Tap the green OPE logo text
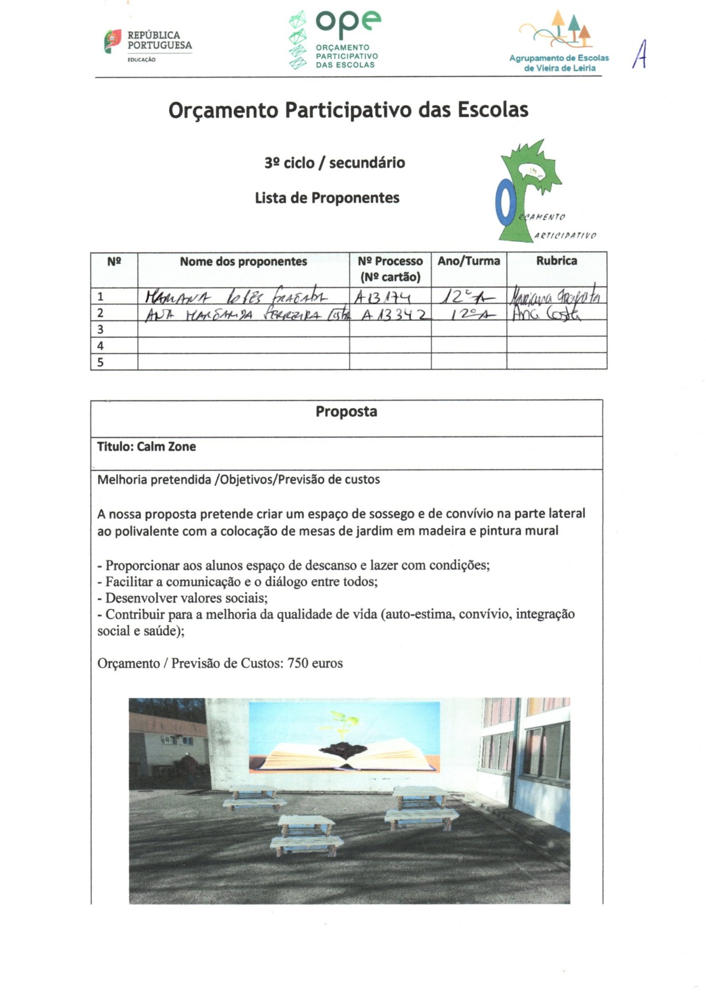[348, 22]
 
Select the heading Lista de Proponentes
[327, 198]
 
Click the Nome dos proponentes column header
[243, 262]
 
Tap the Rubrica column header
[556, 261]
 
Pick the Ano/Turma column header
[468, 261]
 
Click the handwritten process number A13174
[382, 298]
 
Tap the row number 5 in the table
[101, 362]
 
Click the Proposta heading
[346, 412]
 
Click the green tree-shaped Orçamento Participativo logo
[528, 187]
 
